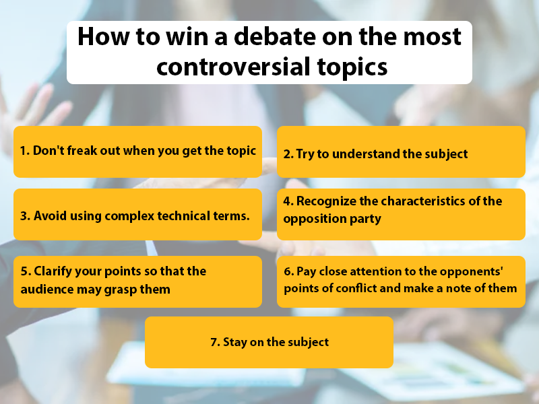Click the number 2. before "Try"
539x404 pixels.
coord(288,154)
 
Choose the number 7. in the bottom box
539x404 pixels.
coord(215,342)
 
